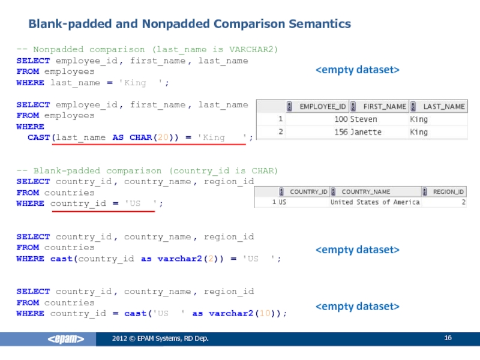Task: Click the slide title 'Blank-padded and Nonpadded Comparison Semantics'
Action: click(190, 24)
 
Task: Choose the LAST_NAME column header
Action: click(444, 106)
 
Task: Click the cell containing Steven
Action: click(364, 119)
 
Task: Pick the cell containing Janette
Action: click(365, 132)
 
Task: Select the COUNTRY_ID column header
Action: click(308, 192)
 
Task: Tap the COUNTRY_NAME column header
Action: click(365, 192)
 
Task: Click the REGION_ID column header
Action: click(448, 192)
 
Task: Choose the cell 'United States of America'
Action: click(375, 202)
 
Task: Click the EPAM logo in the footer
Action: click(66, 340)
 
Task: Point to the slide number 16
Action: click(448, 339)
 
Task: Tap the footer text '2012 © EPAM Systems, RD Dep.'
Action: click(160, 340)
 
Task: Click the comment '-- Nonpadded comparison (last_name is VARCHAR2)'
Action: click(147, 49)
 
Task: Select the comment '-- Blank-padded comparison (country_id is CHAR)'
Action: click(147, 171)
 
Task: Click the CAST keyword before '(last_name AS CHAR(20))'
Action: click(40, 137)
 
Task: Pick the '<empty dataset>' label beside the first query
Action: click(358, 70)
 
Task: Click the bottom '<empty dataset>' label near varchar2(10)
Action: click(358, 307)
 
